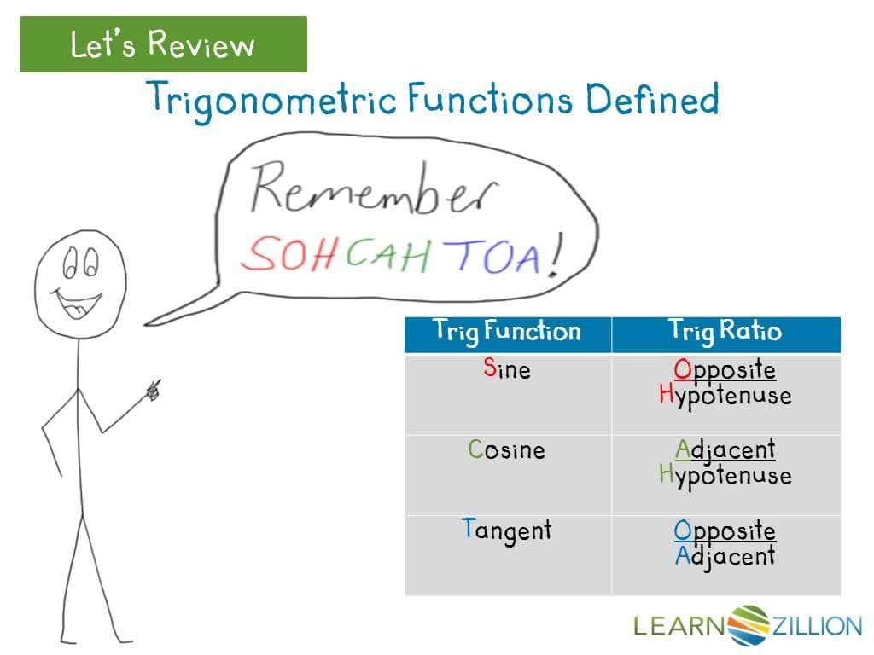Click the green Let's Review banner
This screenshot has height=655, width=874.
[163, 44]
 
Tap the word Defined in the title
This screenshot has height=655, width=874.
[652, 99]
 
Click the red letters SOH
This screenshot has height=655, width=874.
[288, 253]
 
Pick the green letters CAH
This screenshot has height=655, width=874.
[388, 254]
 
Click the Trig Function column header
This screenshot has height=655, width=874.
[507, 332]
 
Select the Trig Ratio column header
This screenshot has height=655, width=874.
[725, 332]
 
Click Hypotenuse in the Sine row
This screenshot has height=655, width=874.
[725, 396]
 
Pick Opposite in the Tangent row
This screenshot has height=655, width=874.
[725, 530]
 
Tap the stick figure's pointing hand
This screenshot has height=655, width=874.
[154, 389]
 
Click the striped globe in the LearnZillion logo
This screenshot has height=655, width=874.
[748, 625]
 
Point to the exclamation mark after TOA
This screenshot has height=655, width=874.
[555, 254]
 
